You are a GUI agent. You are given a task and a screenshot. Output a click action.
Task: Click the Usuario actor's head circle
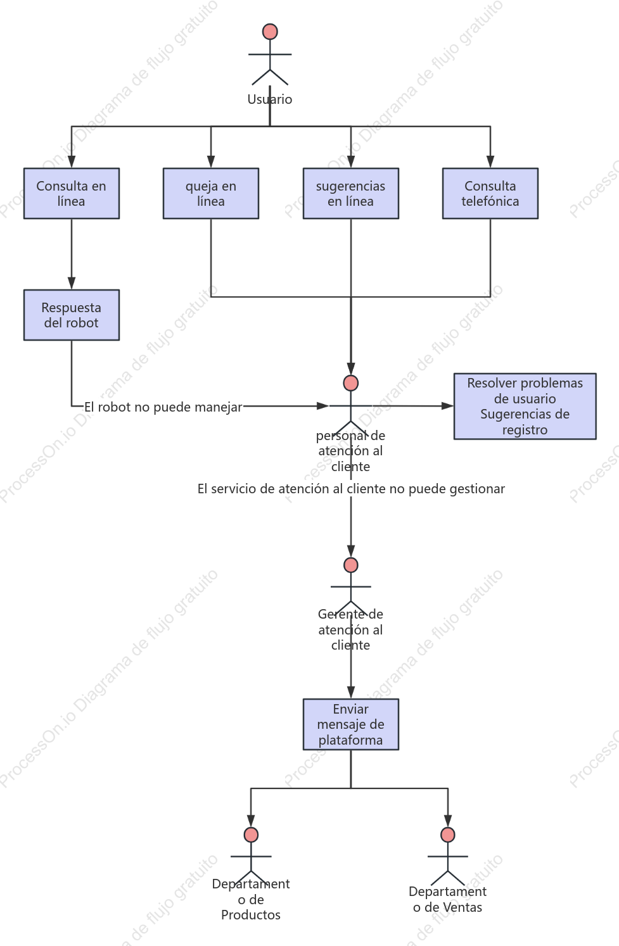[x=270, y=32]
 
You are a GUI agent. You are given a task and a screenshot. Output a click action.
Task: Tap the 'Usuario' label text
[x=270, y=99]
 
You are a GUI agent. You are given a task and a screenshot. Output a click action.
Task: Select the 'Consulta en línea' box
[x=72, y=193]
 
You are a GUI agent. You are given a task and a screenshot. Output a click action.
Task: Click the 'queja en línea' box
[x=211, y=193]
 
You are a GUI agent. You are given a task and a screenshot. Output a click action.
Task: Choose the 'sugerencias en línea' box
[x=351, y=193]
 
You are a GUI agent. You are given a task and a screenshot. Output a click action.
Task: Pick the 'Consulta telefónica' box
[x=490, y=193]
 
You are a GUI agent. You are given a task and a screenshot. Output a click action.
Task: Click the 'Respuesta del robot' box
[x=72, y=315]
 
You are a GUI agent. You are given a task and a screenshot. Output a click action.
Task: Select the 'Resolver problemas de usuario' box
[x=525, y=407]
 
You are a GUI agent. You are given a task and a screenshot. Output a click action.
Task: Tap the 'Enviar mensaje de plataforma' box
[x=351, y=724]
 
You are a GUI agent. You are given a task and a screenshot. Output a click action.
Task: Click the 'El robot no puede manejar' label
[x=163, y=407]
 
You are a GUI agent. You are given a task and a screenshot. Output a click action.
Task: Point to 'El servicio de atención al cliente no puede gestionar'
[x=351, y=489]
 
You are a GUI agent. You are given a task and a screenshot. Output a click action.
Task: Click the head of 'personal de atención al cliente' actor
[x=351, y=383]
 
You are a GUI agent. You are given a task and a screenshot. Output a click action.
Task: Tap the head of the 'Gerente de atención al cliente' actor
[x=351, y=565]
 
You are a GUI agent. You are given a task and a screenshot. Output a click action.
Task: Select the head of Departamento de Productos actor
[x=251, y=835]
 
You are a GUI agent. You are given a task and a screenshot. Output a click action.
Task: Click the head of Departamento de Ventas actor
[x=448, y=835]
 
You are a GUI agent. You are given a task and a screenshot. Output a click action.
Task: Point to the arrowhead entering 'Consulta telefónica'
[x=490, y=161]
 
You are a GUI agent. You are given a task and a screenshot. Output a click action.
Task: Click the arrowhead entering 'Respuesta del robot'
[x=72, y=284]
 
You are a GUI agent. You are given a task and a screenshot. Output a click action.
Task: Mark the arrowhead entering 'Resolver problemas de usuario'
[x=447, y=406]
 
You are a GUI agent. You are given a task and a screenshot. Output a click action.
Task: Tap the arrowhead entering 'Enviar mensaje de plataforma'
[x=351, y=693]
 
